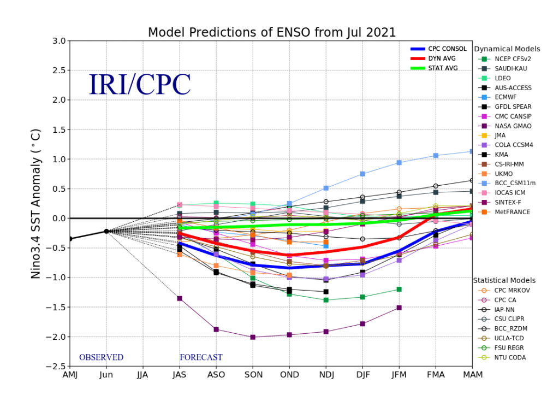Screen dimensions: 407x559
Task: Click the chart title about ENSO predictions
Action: (272, 32)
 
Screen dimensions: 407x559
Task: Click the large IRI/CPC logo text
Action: (140, 84)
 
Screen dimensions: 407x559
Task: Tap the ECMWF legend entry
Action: (505, 97)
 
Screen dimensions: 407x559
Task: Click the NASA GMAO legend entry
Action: (513, 126)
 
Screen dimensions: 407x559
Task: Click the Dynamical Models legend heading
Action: (507, 49)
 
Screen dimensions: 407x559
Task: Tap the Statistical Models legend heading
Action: (504, 280)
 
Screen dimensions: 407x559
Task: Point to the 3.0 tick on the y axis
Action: (59, 41)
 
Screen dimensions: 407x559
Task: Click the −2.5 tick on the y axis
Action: (57, 366)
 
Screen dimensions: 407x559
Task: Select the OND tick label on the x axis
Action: (289, 375)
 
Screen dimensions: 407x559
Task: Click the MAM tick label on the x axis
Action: (472, 375)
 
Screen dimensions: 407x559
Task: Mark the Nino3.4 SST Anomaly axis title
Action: (36, 203)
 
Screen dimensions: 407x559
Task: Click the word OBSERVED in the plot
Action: (101, 357)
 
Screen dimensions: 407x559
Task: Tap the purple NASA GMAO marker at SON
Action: (253, 337)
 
